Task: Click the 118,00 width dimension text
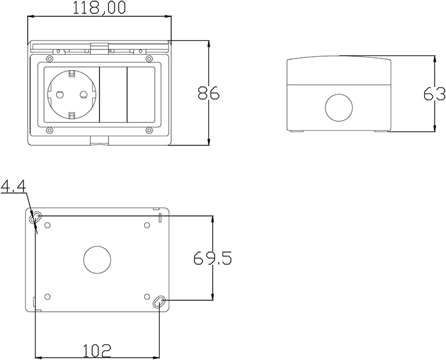point(99,8)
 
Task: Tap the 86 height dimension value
point(209,93)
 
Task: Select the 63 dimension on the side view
point(434,94)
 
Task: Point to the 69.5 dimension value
point(213,258)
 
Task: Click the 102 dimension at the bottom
point(96,350)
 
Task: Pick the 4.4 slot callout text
point(13,188)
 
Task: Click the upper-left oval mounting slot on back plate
point(37,216)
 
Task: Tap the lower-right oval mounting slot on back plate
point(159,302)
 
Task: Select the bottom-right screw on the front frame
point(148,130)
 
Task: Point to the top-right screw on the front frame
point(148,58)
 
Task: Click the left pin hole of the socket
point(59,94)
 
